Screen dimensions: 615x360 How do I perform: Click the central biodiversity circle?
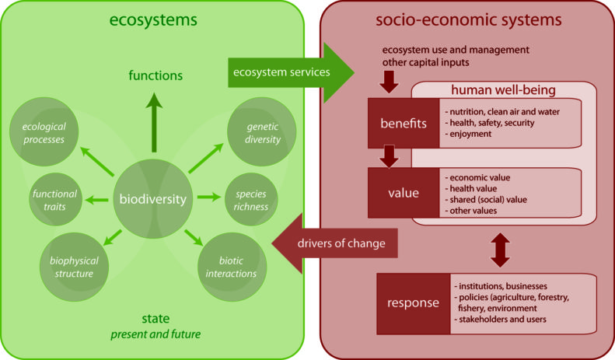153,199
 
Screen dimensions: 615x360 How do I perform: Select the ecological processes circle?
44,131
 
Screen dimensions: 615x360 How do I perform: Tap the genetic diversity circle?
262,131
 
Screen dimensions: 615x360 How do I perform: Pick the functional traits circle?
55,199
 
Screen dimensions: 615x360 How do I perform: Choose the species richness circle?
251,199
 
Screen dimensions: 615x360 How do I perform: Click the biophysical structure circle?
74,267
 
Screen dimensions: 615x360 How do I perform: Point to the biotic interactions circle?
232,267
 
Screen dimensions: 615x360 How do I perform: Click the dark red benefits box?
404,123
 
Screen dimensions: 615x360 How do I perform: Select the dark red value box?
404,193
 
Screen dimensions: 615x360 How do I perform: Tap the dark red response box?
414,303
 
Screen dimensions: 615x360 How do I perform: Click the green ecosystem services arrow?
291,72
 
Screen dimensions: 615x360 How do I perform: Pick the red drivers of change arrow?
334,243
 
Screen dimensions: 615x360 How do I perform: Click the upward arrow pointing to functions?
154,122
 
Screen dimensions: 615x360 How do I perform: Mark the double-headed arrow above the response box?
500,250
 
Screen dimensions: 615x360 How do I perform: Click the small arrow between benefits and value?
389,156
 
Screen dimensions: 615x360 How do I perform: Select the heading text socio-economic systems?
469,19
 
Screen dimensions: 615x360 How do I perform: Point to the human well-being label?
503,89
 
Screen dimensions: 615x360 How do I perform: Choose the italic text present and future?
155,334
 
